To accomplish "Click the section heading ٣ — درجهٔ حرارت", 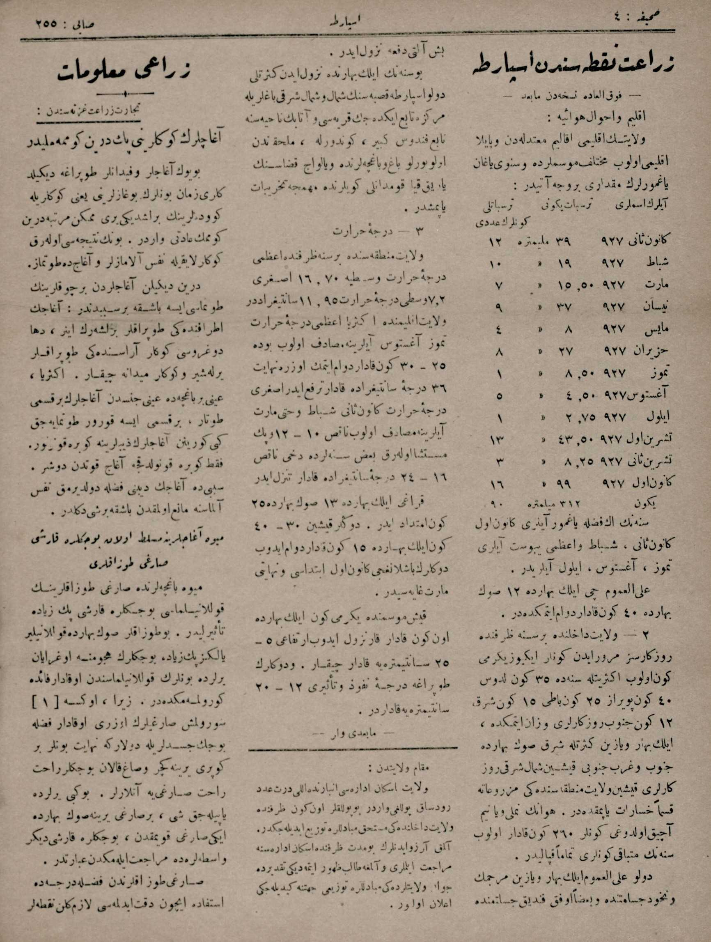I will click(x=353, y=233).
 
